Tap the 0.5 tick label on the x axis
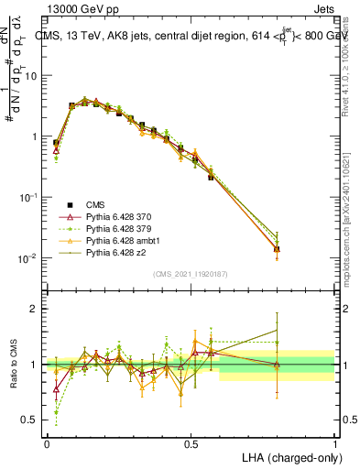tap(191, 442)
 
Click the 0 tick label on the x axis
tap(47, 442)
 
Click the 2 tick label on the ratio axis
tap(37, 309)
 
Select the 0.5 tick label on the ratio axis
tap(32, 420)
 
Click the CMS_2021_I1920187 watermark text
tap(191, 274)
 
